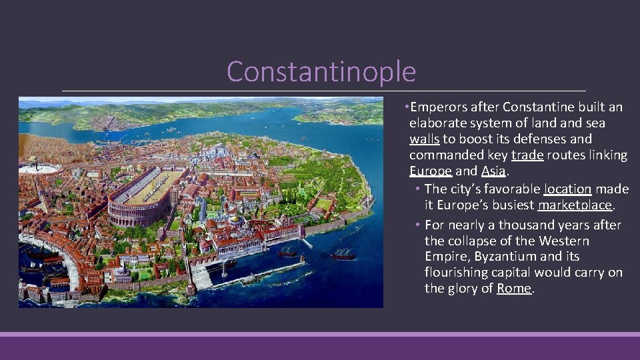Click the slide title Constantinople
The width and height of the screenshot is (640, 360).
pos(321,71)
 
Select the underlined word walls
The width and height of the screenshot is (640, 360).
pos(424,139)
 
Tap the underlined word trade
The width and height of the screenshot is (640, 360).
pos(527,155)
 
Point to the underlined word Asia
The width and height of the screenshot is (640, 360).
pos(493,171)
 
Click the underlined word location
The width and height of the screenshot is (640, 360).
pos(567,189)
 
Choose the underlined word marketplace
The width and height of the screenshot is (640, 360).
pos(574,205)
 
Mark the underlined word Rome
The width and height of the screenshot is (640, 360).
pos(514,289)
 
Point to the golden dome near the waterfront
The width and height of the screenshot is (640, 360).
pos(234,219)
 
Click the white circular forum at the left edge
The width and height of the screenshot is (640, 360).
pos(30,168)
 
